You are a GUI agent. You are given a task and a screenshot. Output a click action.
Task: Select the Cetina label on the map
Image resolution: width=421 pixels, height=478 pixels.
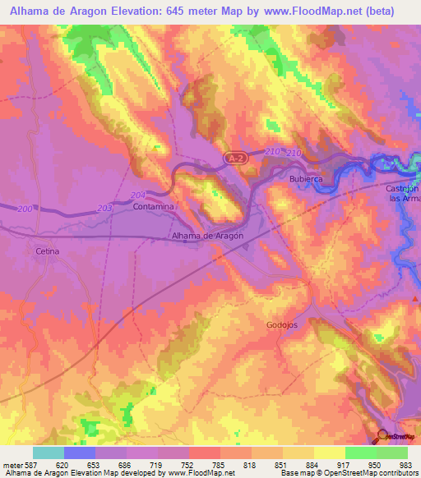click(x=48, y=250)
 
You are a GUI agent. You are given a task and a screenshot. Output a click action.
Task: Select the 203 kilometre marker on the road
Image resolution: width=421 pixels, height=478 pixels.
click(x=104, y=209)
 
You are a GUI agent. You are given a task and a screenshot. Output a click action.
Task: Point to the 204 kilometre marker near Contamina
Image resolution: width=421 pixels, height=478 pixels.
click(x=137, y=195)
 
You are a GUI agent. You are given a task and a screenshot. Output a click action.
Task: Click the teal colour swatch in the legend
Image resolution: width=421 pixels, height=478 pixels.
click(x=49, y=453)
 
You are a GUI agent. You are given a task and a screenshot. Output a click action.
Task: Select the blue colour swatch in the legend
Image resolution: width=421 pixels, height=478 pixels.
click(x=80, y=453)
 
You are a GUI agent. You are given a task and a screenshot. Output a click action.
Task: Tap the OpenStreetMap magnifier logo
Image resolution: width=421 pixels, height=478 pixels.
click(x=384, y=436)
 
